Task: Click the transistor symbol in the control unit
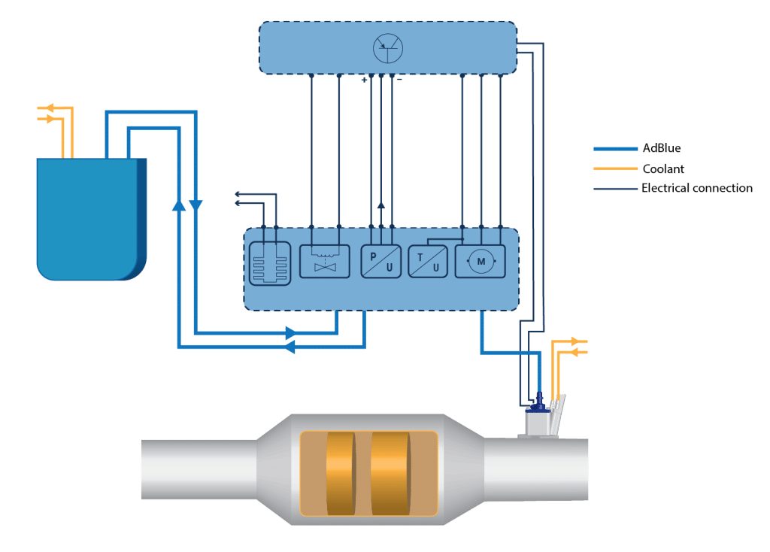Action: pos(388,48)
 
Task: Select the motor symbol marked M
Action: pos(480,261)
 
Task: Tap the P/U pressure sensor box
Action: pos(380,261)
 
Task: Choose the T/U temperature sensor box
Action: pos(428,261)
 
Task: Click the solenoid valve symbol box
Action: pos(325,261)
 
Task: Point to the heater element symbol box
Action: pos(270,263)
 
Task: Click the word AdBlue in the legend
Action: pos(662,148)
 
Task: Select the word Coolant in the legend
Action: pos(663,169)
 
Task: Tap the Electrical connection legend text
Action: pos(697,187)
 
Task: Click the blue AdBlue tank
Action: pos(91,219)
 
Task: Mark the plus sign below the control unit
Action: pos(364,80)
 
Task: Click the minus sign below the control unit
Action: pos(400,80)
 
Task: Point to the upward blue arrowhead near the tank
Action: pos(179,205)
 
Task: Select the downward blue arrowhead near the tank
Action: pos(196,205)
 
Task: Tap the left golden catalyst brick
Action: pos(341,474)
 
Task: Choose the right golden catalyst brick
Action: pos(390,474)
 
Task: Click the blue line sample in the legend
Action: pos(615,148)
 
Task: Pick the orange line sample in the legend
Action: pos(615,168)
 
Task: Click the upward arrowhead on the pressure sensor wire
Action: pos(381,205)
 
